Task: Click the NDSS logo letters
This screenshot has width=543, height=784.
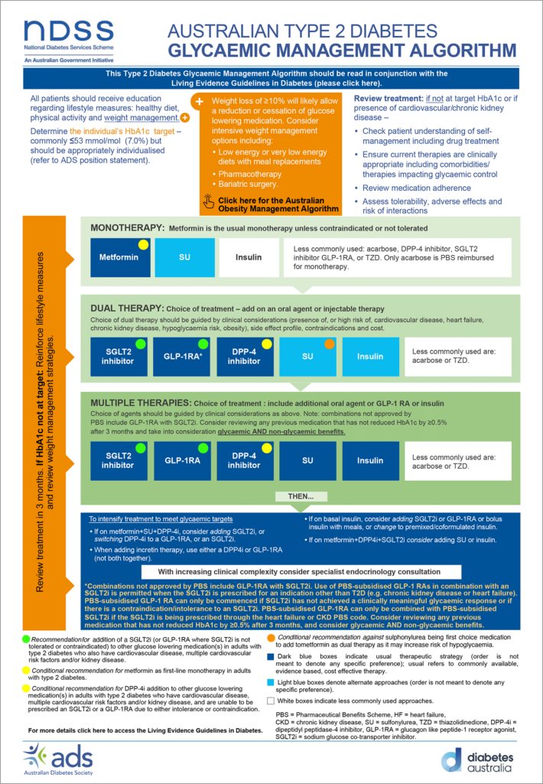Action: point(68,30)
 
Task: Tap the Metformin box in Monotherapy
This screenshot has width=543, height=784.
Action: point(119,257)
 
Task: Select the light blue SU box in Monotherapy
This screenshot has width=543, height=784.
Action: point(184,257)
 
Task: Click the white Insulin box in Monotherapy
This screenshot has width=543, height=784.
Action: point(248,257)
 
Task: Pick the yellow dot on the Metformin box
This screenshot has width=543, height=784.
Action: point(142,244)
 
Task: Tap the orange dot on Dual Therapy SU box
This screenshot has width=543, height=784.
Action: point(330,344)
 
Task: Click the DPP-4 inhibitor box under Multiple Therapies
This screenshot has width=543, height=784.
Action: point(244,460)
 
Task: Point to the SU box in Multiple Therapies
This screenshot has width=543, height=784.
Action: point(307,460)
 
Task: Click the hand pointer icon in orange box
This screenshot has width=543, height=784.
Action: point(209,203)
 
